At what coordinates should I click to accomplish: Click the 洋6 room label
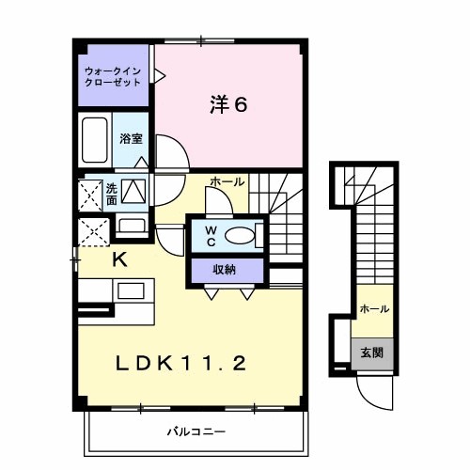tap(228, 104)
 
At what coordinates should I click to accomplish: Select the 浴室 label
tap(130, 139)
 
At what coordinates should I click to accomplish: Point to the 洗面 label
tap(111, 193)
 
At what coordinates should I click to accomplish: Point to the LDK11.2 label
tap(180, 362)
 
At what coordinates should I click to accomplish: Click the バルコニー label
tap(197, 432)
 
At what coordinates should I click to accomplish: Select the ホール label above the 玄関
tap(374, 308)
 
